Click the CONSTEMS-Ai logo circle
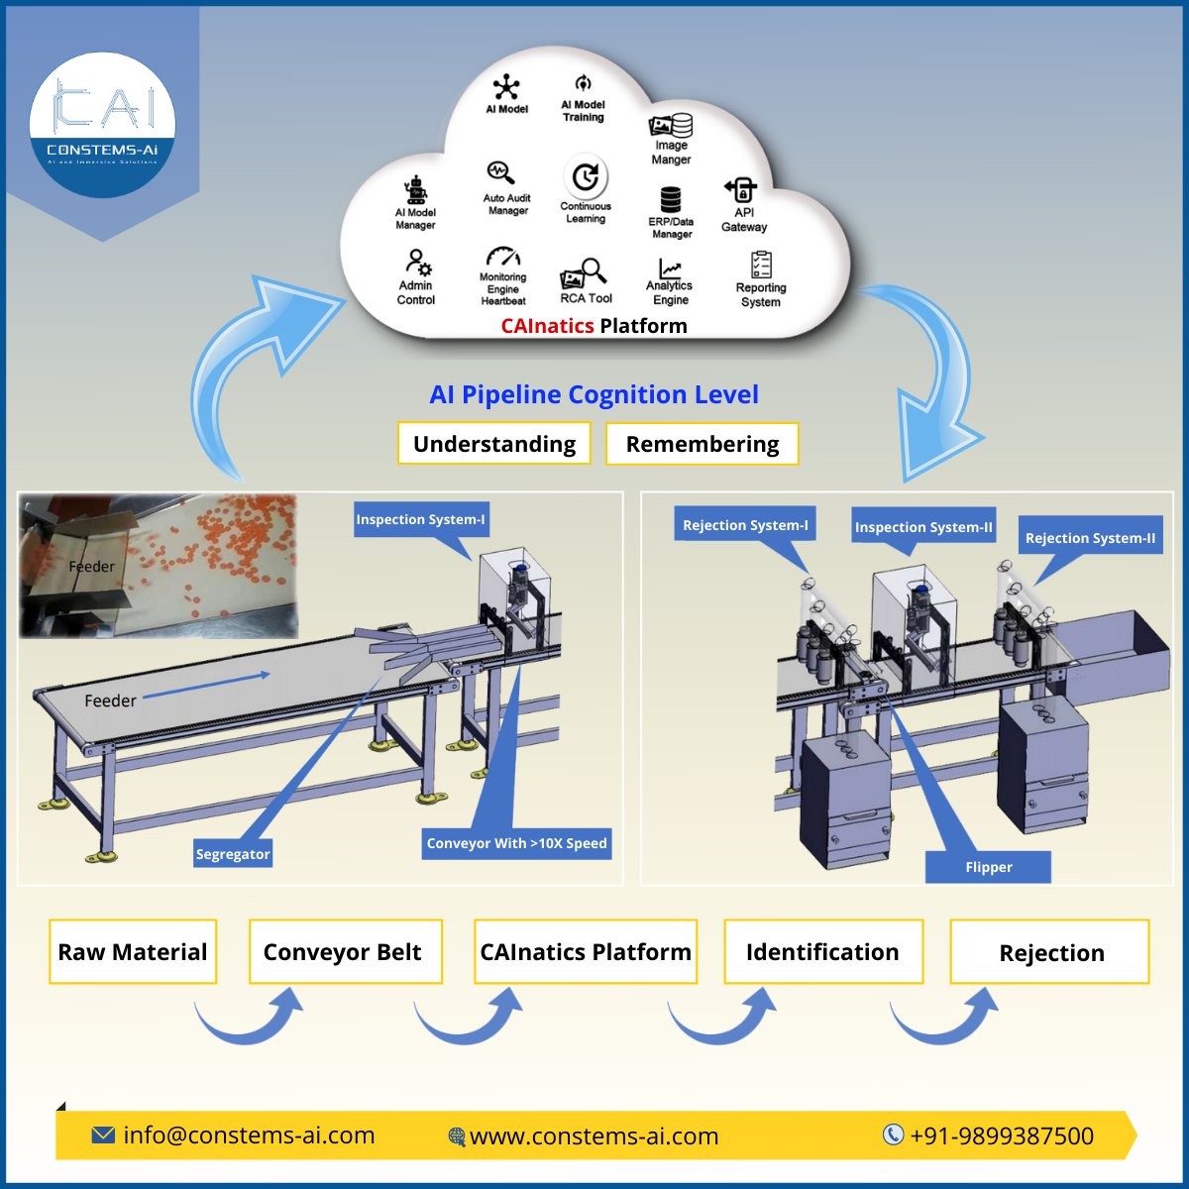(x=102, y=125)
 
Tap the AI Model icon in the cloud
(x=506, y=86)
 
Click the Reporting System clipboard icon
(x=761, y=265)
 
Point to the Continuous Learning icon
(x=586, y=177)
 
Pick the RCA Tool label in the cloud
(x=587, y=298)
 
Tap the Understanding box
(x=493, y=444)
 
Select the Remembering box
(x=702, y=444)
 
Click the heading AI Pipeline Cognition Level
(x=594, y=394)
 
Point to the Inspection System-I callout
(x=421, y=519)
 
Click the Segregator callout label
(x=233, y=854)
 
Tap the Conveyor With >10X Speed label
(x=516, y=843)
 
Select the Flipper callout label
(x=988, y=867)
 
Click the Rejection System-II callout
(x=1090, y=538)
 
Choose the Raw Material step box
(x=133, y=952)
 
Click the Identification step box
(x=822, y=952)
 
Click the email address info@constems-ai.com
(x=248, y=1135)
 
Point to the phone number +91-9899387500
(x=1001, y=1135)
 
